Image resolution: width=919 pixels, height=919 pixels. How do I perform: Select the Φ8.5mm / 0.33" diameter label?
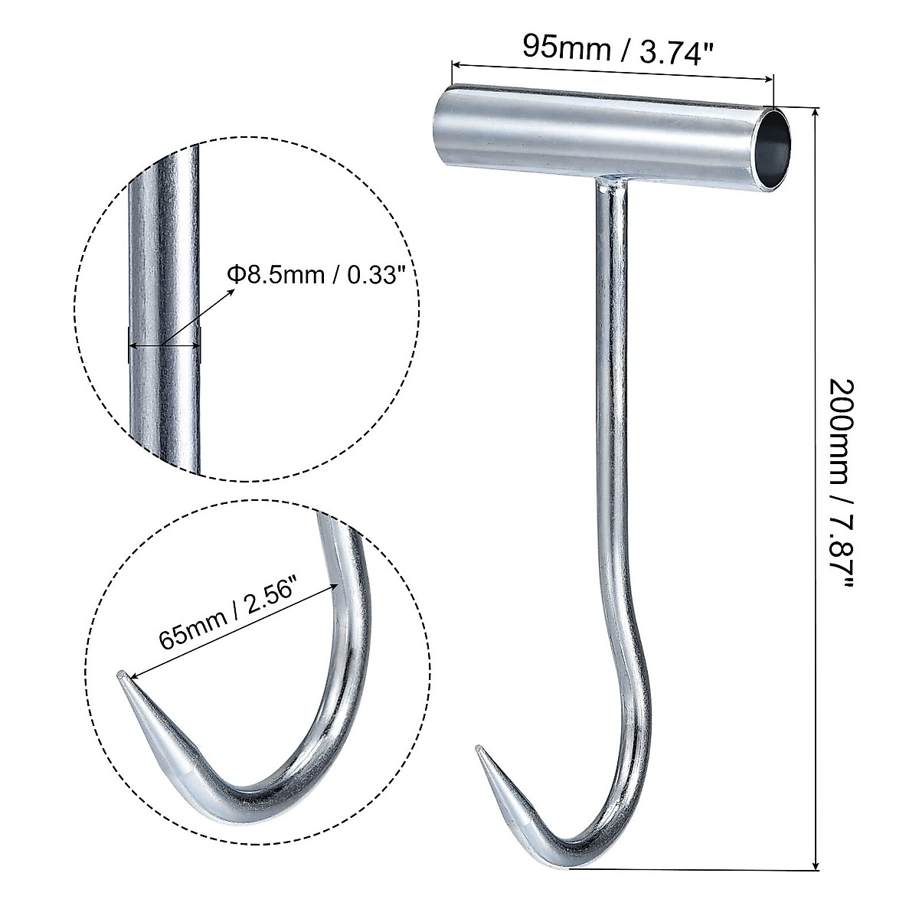tap(315, 274)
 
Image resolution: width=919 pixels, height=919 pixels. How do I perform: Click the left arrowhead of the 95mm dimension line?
tap(454, 65)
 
